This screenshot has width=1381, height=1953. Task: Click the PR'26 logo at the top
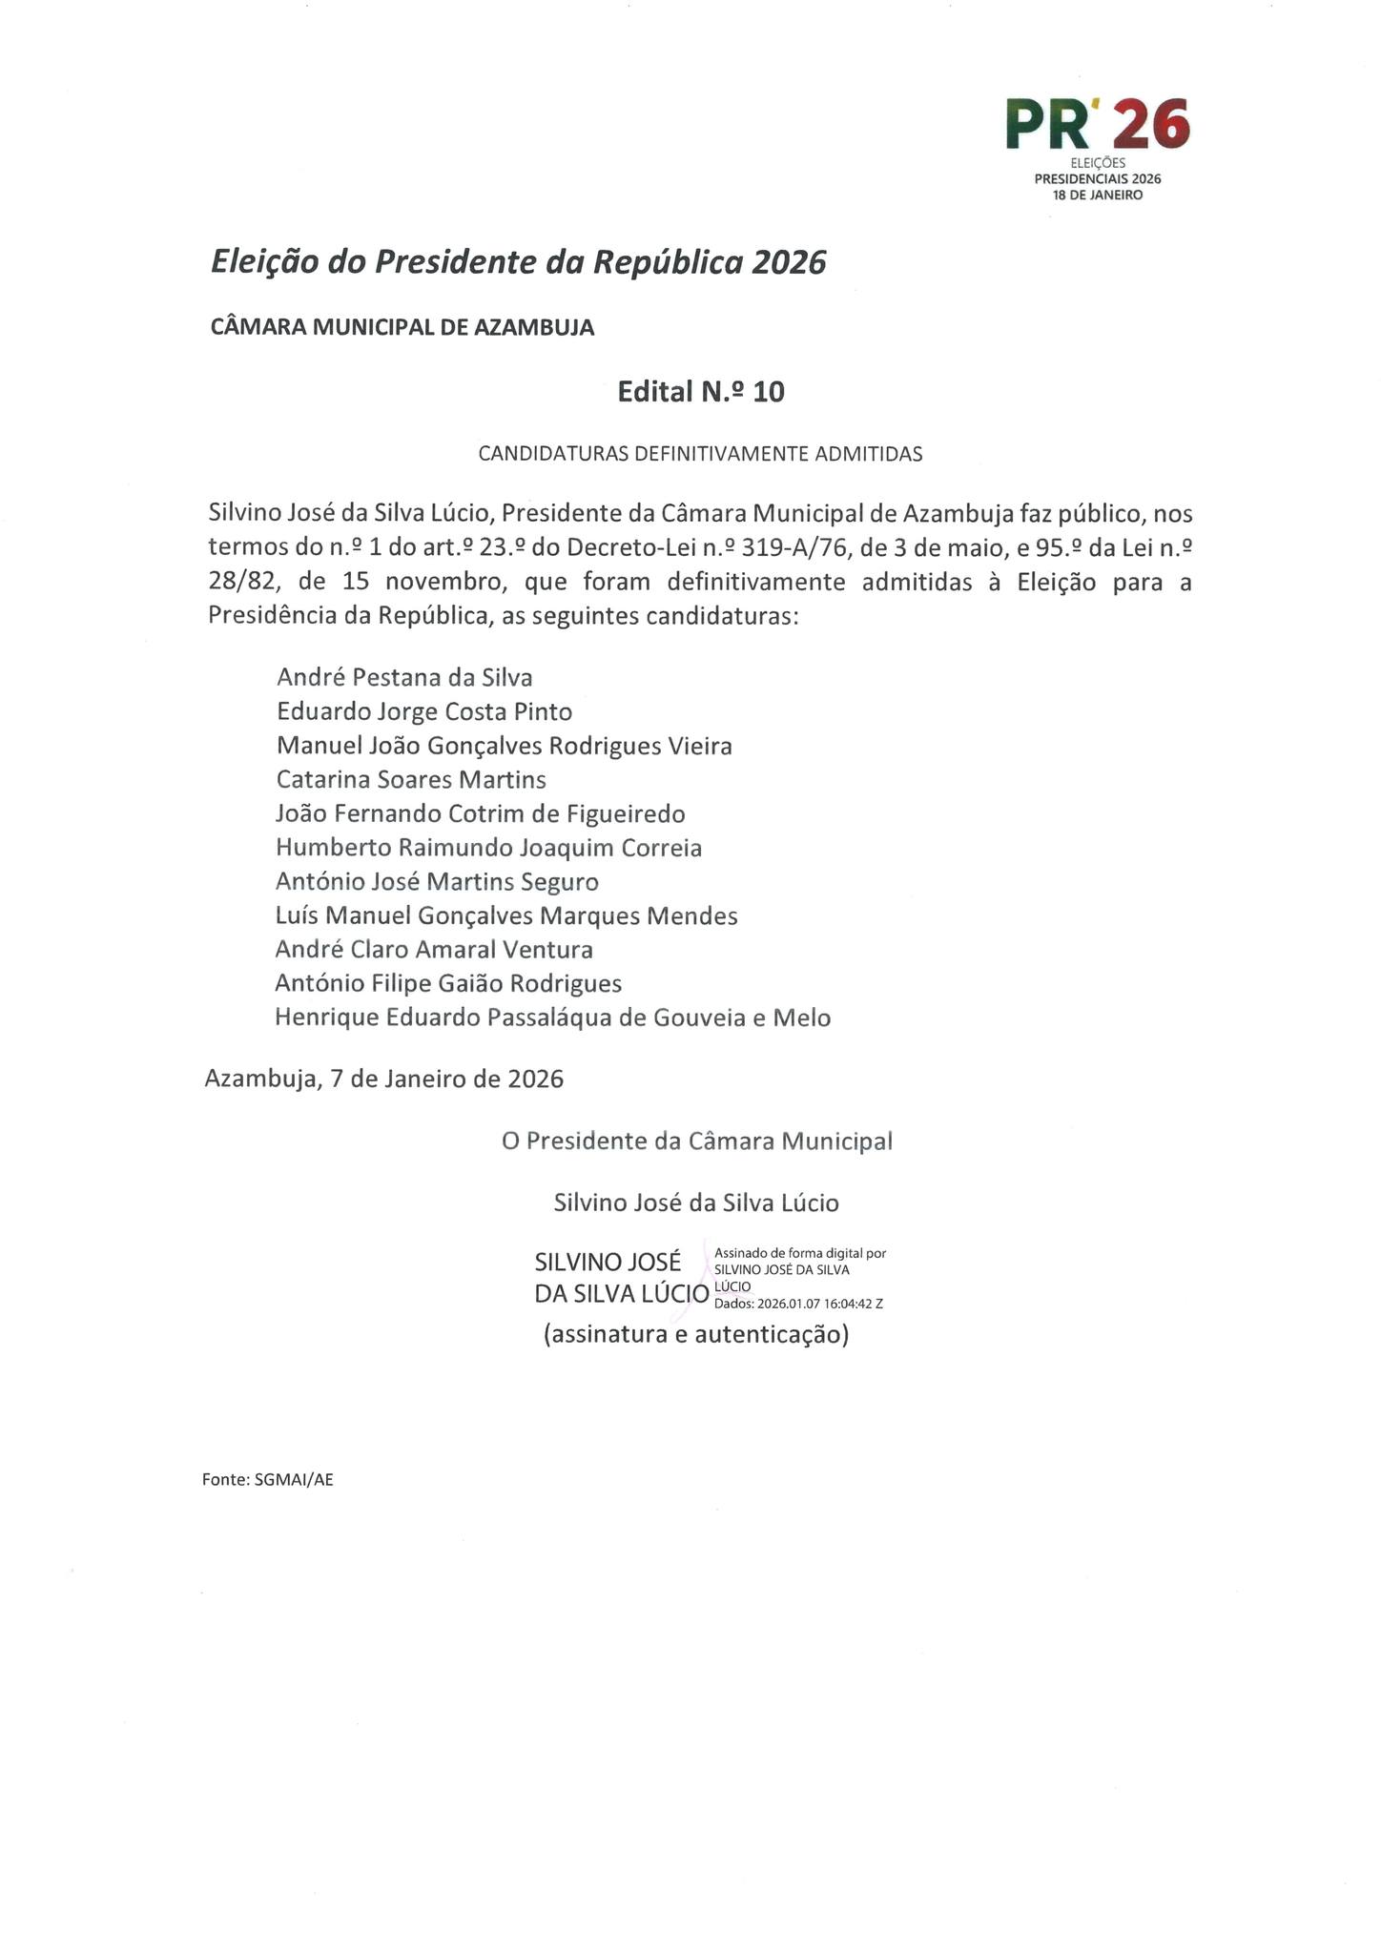point(1097,125)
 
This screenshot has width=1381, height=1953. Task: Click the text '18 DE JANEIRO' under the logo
point(1098,195)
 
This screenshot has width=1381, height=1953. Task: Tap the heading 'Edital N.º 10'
point(701,392)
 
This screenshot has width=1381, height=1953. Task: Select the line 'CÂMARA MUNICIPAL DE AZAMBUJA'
point(402,328)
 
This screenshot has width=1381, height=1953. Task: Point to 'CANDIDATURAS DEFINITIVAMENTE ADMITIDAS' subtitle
point(700,454)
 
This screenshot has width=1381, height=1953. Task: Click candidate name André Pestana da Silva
point(404,677)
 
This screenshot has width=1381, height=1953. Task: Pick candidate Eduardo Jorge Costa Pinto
point(424,711)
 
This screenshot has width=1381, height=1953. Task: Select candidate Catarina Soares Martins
point(411,780)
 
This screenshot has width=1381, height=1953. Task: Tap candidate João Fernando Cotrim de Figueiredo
point(481,814)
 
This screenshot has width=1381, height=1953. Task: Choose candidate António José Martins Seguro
point(437,882)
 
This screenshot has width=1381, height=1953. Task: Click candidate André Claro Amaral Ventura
point(434,950)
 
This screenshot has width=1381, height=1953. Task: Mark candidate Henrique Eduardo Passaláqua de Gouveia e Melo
point(553,1018)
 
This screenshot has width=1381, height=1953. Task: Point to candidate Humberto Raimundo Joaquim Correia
point(488,848)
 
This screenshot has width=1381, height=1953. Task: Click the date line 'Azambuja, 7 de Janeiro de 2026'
point(384,1079)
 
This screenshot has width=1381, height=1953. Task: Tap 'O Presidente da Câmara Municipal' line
point(697,1141)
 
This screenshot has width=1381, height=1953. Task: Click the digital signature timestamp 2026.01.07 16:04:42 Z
point(820,1304)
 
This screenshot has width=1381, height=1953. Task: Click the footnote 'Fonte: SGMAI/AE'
point(268,1481)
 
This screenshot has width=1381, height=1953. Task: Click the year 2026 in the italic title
point(788,262)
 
